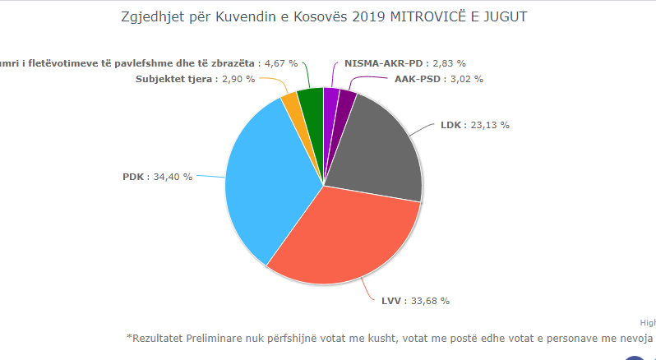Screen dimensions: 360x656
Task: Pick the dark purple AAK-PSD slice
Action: (345, 103)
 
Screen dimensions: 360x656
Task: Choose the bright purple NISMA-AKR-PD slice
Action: (331, 100)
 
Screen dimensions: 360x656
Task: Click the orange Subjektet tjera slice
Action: (290, 103)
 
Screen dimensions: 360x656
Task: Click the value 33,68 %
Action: (433, 300)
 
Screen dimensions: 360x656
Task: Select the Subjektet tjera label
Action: (175, 79)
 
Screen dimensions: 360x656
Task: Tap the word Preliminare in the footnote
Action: (218, 337)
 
